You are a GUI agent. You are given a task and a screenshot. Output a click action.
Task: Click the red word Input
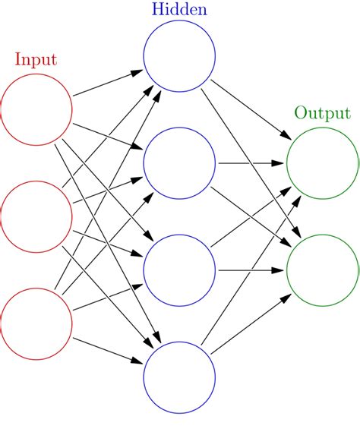click(x=36, y=59)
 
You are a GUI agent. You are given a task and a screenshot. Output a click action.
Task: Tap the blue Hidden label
click(x=179, y=9)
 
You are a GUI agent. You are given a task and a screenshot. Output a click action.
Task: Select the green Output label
click(x=322, y=114)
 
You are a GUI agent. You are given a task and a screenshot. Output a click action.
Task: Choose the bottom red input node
click(x=36, y=324)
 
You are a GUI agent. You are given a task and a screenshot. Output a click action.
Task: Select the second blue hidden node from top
click(x=179, y=163)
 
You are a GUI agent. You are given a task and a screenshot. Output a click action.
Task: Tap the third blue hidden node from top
click(x=179, y=270)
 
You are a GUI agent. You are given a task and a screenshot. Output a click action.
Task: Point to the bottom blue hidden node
click(x=179, y=377)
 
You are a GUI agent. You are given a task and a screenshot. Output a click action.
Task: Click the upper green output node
click(x=322, y=163)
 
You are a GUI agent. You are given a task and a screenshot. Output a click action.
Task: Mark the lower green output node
click(x=322, y=270)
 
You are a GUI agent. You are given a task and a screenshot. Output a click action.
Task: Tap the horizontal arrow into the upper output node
click(x=251, y=163)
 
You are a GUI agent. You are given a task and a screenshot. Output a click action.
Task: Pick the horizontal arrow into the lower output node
click(x=251, y=270)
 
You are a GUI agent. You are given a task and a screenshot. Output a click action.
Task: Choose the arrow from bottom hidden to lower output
click(x=251, y=324)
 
